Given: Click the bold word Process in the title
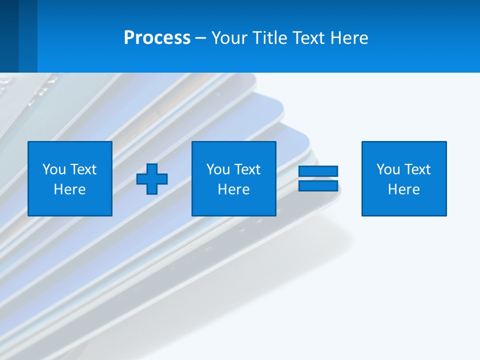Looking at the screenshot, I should point(157,38).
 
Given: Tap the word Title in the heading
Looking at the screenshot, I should point(268,38).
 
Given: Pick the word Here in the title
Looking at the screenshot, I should point(350,38).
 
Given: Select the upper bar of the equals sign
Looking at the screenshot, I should point(318,171).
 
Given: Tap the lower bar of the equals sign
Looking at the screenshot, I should point(318,185).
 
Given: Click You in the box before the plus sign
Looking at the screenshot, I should point(54,169).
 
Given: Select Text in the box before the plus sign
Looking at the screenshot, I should point(83,169).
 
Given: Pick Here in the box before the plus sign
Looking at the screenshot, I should point(69,189).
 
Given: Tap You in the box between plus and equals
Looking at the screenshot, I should point(218,169).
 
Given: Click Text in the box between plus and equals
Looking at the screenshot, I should point(247,169).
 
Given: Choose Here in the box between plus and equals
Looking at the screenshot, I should point(233,189).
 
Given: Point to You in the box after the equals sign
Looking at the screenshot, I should point(388,169).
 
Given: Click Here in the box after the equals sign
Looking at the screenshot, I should point(403,189).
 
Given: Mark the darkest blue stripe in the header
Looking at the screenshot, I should point(9,36).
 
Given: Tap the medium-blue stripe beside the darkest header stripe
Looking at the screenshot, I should point(28,36).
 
